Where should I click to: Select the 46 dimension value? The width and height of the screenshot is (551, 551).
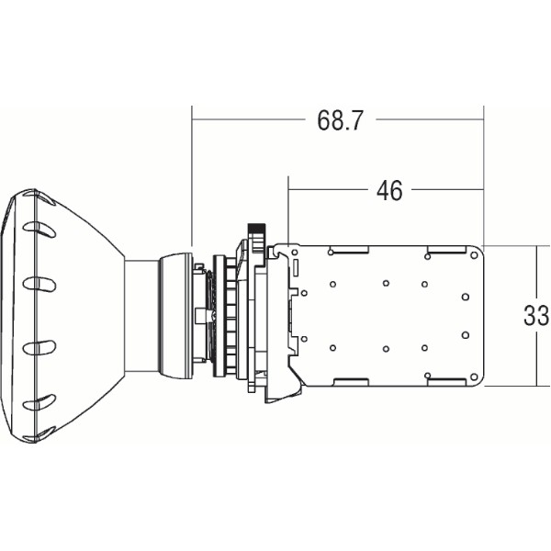point(389,190)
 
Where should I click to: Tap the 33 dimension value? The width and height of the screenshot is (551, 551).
point(535,316)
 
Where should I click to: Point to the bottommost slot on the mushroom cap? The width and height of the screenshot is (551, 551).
point(39,401)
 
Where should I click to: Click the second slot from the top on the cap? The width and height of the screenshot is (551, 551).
point(39,284)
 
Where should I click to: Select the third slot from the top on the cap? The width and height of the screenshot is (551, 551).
point(39,346)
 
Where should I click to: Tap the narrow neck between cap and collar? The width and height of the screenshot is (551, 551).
point(141,316)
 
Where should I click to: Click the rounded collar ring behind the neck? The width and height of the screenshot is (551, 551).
point(175,316)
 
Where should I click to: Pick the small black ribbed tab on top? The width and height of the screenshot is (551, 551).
point(258,227)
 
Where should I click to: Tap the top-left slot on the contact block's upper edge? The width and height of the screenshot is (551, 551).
point(349,251)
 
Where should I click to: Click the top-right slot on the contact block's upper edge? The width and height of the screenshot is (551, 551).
point(446,251)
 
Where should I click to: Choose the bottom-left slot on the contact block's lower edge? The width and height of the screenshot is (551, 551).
point(349,380)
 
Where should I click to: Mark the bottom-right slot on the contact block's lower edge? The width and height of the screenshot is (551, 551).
point(446,380)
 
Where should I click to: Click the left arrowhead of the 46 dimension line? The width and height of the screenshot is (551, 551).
point(292,190)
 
